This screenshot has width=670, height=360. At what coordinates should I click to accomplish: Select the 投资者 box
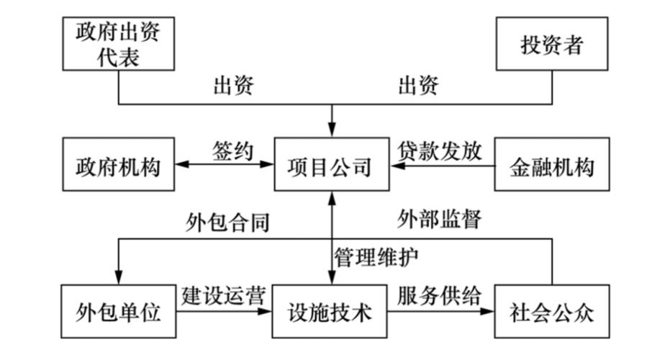552,45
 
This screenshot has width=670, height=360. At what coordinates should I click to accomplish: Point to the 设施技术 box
331,313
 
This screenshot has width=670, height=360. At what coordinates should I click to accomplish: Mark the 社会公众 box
552,313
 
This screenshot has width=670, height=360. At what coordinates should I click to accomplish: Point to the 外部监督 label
440,218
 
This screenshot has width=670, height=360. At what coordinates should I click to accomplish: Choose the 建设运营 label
224,295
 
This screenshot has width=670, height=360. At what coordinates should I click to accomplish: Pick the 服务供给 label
440,295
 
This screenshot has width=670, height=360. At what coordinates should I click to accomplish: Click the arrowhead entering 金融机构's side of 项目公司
396,167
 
